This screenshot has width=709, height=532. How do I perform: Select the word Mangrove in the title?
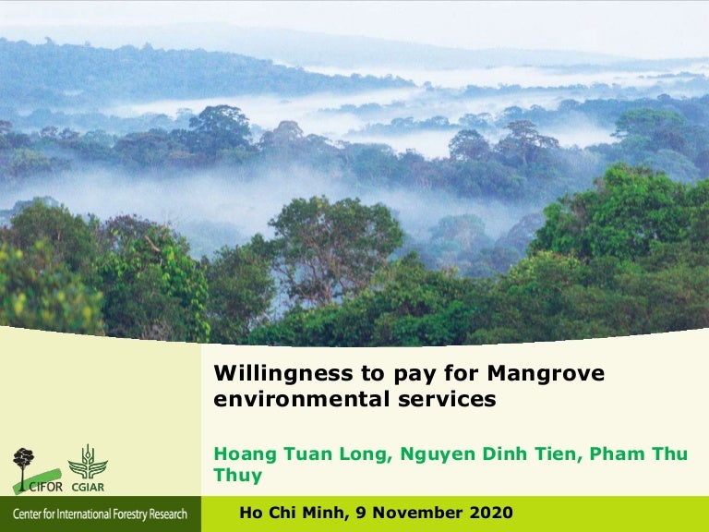click(x=545, y=374)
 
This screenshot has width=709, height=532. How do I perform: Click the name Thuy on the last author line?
click(x=238, y=477)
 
